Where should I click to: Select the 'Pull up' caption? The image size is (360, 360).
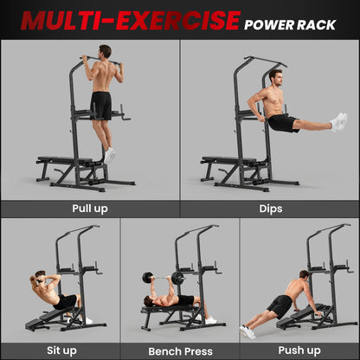[90, 209]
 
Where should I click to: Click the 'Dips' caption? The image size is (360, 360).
[270, 209]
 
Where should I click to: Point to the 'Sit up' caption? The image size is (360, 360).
[60, 350]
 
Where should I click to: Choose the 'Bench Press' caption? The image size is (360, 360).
[179, 350]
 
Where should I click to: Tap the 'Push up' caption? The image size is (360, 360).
[299, 350]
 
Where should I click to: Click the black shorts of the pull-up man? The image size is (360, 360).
[101, 105]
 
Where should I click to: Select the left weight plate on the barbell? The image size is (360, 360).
[147, 278]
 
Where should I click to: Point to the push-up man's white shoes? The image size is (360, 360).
[248, 331]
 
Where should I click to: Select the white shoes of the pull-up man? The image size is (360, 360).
[110, 154]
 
